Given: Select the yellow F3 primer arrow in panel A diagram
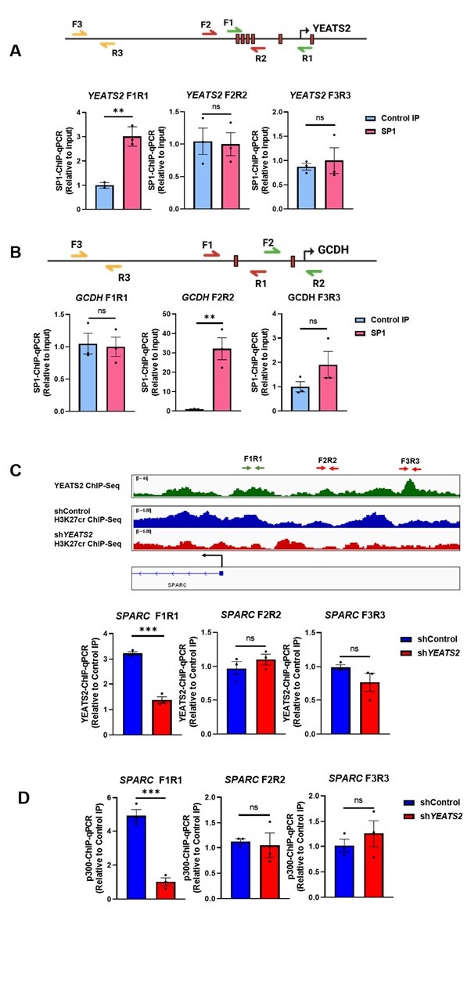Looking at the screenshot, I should tap(79, 34).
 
